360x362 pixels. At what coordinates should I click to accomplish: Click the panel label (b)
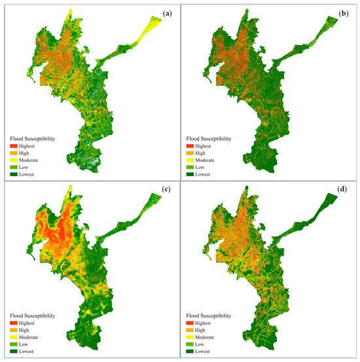pyautogui.click(x=342, y=11)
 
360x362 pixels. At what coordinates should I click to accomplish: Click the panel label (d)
pyautogui.click(x=342, y=191)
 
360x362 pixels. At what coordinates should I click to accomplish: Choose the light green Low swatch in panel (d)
pyautogui.click(x=195, y=346)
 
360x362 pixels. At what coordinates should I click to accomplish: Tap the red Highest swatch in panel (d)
pyautogui.click(x=195, y=324)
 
